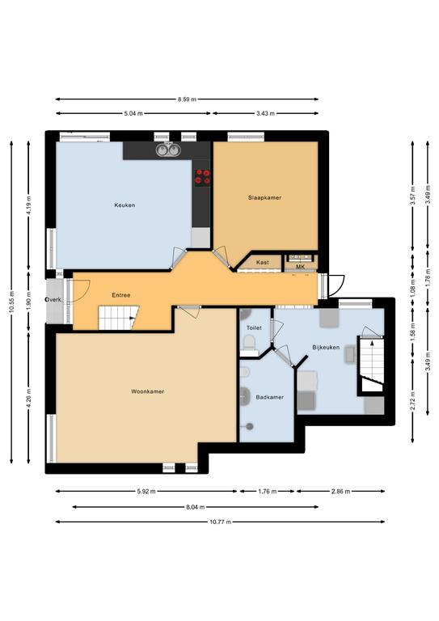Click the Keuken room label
pos(125,205)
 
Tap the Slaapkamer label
pos(265,197)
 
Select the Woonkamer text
pos(148,391)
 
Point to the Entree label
pos(121,295)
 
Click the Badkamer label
pos(269,397)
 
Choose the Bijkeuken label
pos(326,348)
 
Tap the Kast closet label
pos(263,262)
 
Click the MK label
pos(301,267)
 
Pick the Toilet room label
pos(254,328)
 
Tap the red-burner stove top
pos(202,176)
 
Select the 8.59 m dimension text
pos(188,99)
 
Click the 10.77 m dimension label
pos(221,522)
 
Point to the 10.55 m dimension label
pos(11,302)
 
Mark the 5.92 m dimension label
pos(146,492)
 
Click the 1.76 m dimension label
pos(268,492)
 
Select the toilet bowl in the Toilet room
pos(249,342)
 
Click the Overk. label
pos(54,300)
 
